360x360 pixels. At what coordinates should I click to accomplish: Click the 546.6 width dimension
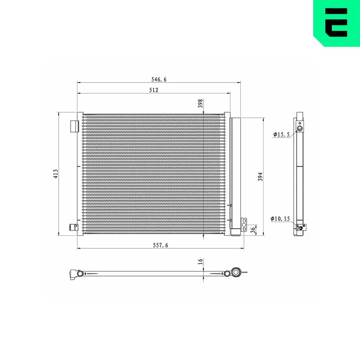pyautogui.click(x=159, y=80)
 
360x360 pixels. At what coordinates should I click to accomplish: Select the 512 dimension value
pyautogui.click(x=154, y=90)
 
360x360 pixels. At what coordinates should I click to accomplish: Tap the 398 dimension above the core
pyautogui.click(x=201, y=103)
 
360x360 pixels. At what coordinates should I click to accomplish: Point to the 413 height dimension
pyautogui.click(x=55, y=174)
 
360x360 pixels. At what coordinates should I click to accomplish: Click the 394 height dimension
pyautogui.click(x=260, y=176)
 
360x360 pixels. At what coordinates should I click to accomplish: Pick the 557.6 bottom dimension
pyautogui.click(x=161, y=245)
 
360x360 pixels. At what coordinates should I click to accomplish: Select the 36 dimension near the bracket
pyautogui.click(x=253, y=230)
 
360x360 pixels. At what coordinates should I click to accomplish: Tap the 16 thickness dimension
pyautogui.click(x=201, y=261)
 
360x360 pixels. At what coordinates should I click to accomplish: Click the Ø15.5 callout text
pyautogui.click(x=282, y=134)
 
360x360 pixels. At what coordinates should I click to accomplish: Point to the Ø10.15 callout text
pyautogui.click(x=280, y=219)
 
